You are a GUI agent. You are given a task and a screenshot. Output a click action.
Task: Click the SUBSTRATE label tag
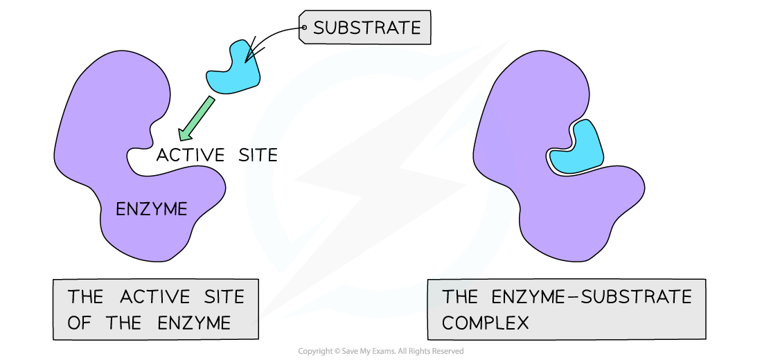pos(366,28)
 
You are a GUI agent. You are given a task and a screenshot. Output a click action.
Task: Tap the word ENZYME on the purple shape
pos(151,209)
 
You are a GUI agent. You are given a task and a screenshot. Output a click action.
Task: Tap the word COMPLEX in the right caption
pos(485,323)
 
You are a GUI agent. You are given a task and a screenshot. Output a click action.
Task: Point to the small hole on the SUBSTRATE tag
pos(304,28)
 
